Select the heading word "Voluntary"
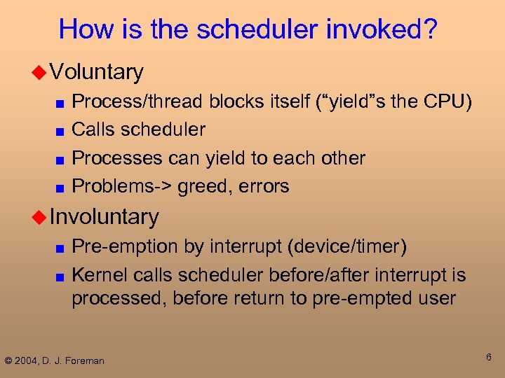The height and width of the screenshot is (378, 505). click(x=97, y=71)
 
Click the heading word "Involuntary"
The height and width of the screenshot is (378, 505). click(x=105, y=217)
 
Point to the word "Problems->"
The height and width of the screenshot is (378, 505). click(x=122, y=186)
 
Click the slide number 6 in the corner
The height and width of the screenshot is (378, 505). click(x=489, y=358)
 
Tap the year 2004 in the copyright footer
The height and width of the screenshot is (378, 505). click(x=27, y=360)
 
